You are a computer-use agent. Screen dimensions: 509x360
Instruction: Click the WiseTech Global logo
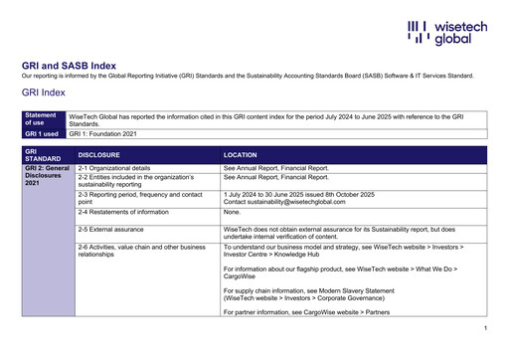[446, 32]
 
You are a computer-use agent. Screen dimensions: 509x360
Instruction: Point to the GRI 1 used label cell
[43, 133]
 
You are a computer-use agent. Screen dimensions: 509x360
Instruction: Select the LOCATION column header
[241, 156]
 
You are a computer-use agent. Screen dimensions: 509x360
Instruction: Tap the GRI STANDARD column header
[43, 156]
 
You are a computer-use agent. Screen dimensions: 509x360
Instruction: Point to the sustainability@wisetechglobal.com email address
[288, 202]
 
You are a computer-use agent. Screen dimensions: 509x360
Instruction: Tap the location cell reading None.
[233, 212]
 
